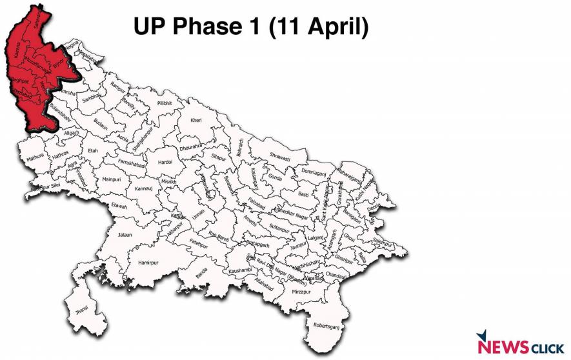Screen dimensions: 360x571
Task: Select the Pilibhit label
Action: tap(165, 103)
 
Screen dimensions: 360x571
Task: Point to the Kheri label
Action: tap(195, 121)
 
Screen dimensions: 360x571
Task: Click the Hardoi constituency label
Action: tap(165, 163)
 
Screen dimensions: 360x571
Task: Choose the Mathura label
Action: tap(35, 157)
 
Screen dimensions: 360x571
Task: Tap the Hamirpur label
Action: tap(148, 263)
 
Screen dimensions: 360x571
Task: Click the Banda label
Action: tap(202, 279)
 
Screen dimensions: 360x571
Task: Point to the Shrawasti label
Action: tap(279, 157)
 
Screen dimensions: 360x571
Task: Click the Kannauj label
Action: tap(143, 189)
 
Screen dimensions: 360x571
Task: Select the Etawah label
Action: tap(119, 206)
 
